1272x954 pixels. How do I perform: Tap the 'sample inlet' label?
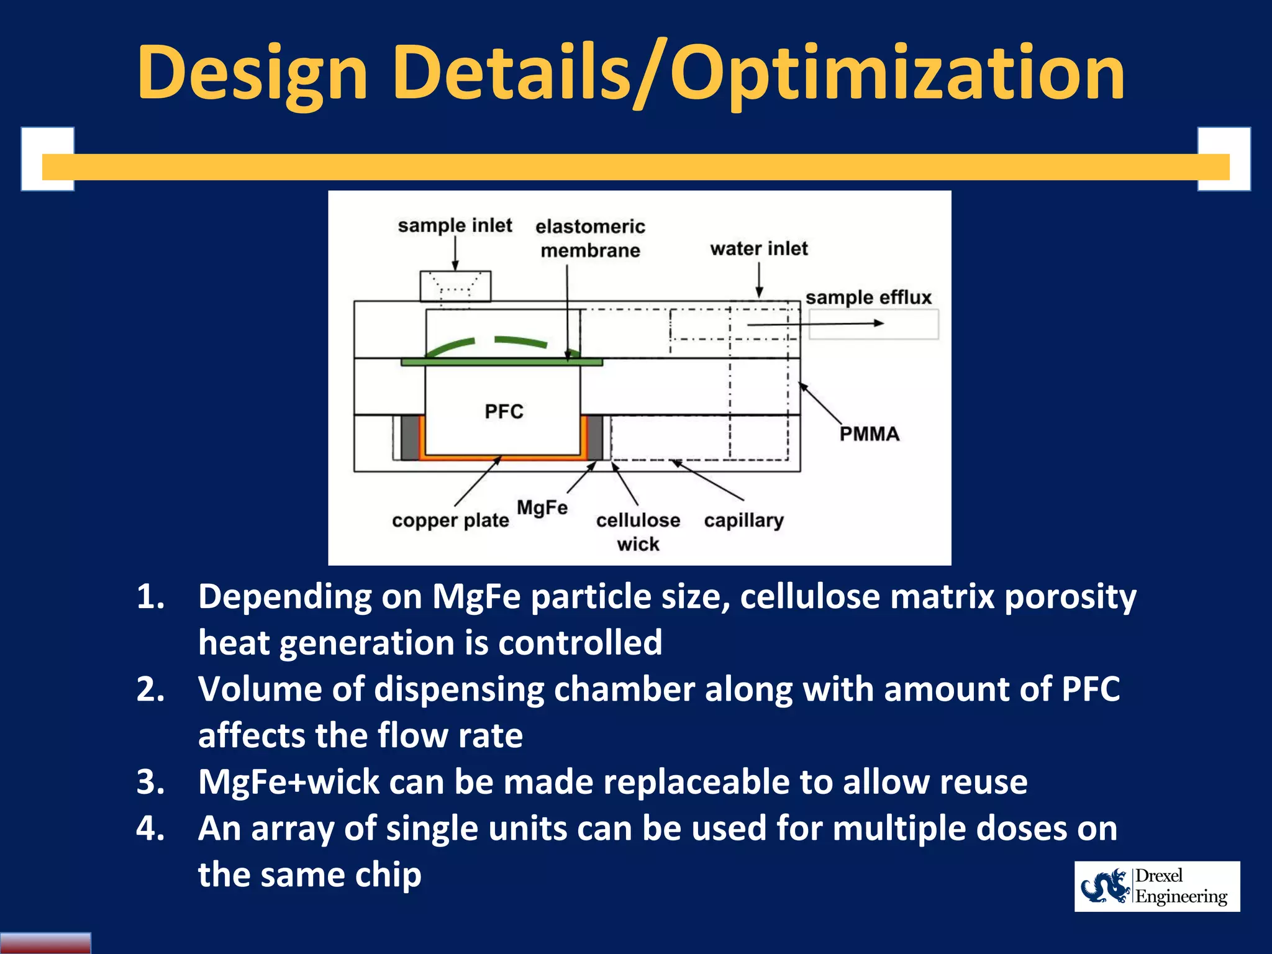[455, 225]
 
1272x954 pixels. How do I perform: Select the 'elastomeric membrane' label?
[590, 238]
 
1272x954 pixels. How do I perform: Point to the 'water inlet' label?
[758, 248]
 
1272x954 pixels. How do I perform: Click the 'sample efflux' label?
[868, 298]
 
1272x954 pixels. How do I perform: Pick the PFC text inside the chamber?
[504, 411]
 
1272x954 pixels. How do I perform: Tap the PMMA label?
[869, 434]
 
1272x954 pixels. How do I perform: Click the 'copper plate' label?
[450, 520]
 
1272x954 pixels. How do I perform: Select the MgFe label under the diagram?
[542, 507]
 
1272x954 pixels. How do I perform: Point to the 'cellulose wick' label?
[638, 532]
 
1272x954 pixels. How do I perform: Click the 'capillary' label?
[743, 520]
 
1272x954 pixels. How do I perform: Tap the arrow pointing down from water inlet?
[759, 279]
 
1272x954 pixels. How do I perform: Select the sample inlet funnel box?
[455, 286]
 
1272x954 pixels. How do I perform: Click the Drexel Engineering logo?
[1156, 886]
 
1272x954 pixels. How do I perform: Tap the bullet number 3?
[150, 782]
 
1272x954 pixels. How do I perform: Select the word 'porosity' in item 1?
[1070, 597]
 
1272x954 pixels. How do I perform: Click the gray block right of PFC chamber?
[594, 438]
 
